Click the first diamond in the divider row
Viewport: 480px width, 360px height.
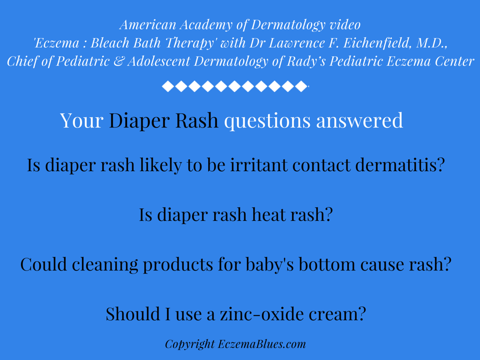coord(167,86)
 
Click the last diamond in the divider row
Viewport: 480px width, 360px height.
coord(301,86)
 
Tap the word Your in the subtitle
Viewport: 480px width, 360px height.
coord(82,120)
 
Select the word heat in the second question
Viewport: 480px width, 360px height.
coord(268,215)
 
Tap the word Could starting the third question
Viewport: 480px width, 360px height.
coord(43,265)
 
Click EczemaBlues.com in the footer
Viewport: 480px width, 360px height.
coord(262,345)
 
